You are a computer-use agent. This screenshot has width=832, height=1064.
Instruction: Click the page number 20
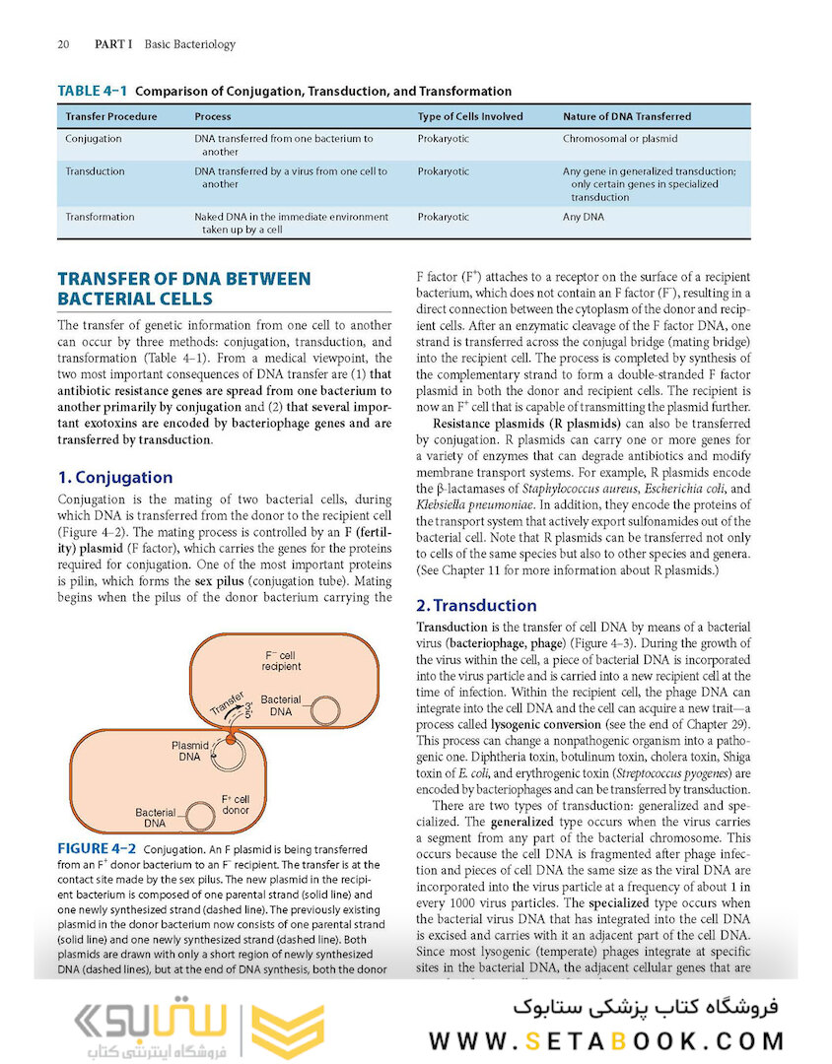[x=63, y=44]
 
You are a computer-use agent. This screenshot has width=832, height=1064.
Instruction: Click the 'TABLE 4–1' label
[x=93, y=91]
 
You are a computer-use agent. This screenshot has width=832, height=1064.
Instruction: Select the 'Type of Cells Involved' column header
[x=465, y=116]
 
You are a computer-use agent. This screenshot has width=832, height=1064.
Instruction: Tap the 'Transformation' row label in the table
[x=100, y=217]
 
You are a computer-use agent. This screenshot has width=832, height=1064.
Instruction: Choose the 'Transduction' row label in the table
[x=95, y=171]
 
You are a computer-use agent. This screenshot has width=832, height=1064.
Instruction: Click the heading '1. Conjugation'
[x=115, y=477]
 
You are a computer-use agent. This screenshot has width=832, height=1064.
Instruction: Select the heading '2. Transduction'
[x=476, y=605]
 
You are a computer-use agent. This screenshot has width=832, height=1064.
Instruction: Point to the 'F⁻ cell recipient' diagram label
[x=281, y=660]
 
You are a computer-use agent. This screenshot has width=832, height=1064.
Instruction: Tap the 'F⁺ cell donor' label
[x=235, y=804]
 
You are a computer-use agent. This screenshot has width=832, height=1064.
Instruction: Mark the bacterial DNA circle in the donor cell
[x=201, y=816]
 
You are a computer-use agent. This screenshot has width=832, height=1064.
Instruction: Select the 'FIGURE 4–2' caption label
[x=97, y=848]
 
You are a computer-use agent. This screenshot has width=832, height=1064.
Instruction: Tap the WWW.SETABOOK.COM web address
[x=606, y=1041]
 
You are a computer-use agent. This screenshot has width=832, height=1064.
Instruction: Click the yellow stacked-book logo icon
[x=289, y=1031]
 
